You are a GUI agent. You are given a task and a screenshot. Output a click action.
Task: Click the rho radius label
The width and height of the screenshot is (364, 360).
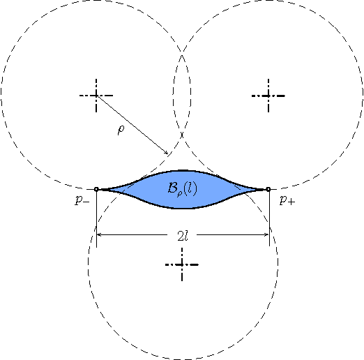[121, 130]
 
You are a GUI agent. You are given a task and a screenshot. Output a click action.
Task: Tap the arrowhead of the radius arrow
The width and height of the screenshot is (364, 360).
[167, 153]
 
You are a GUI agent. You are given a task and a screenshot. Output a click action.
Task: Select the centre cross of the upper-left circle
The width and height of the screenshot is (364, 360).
[96, 95]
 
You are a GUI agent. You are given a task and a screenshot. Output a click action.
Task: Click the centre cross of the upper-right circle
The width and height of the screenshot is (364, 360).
[268, 95]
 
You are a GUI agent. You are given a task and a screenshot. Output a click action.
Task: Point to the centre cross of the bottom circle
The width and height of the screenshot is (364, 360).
[183, 264]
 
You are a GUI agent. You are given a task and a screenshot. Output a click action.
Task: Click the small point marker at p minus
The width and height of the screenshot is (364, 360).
[96, 189]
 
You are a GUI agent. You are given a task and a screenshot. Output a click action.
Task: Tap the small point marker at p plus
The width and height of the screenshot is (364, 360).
[268, 189]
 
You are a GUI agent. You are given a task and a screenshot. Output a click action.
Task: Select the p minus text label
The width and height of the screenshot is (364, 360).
[82, 201]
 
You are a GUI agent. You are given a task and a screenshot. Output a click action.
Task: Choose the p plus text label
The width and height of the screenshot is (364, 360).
[286, 201]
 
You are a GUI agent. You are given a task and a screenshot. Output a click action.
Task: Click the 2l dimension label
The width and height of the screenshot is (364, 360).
[183, 236]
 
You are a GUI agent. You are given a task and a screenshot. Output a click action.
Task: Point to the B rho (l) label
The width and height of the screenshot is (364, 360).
[183, 189]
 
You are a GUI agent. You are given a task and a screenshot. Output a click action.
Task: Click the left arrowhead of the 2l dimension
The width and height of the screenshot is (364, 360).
[100, 236]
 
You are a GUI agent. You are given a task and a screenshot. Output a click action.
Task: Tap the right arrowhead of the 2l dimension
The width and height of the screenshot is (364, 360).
[266, 236]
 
